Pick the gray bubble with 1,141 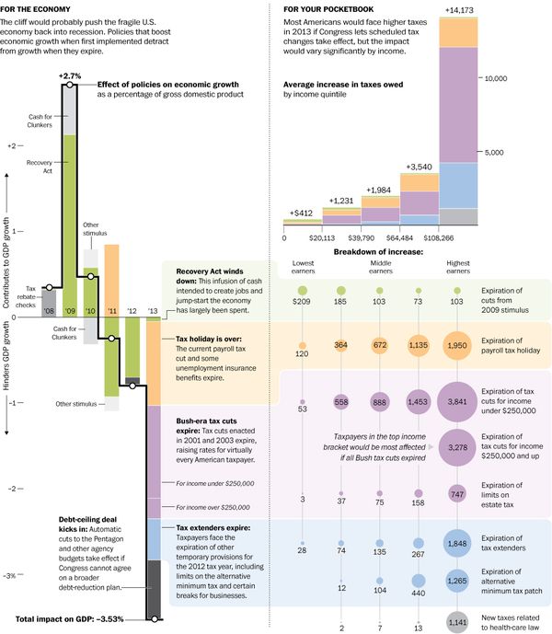point(457,622)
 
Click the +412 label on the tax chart point(301,213)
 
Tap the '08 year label point(48,312)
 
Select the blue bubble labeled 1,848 point(457,545)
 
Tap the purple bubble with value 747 point(457,493)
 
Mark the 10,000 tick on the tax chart point(497,79)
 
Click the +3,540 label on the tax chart point(418,167)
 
